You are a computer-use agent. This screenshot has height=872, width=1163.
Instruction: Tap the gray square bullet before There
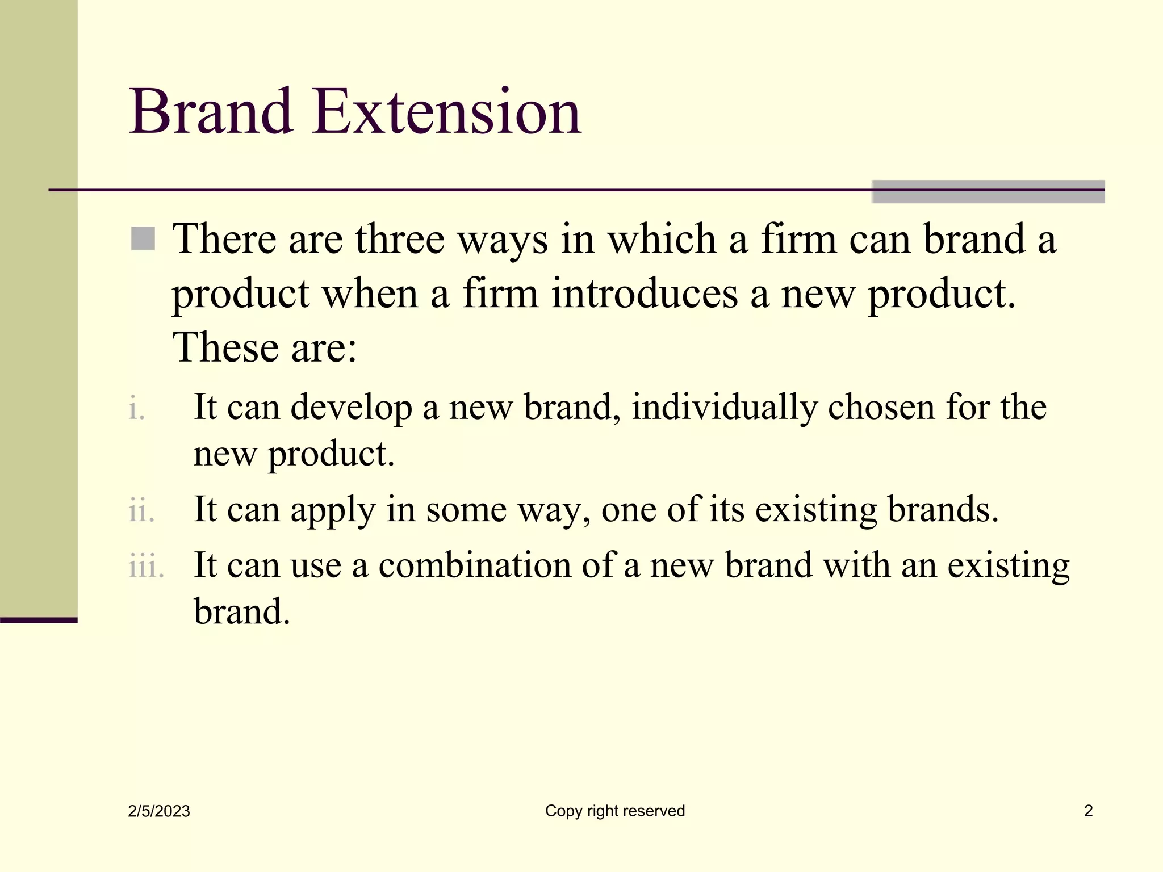[143, 238]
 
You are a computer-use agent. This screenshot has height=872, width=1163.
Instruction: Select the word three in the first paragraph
[400, 240]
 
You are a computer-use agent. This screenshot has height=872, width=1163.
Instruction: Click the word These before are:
[226, 347]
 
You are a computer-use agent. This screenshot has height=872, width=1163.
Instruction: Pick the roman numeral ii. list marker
[141, 510]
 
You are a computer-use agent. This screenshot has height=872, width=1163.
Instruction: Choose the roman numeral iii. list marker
[146, 566]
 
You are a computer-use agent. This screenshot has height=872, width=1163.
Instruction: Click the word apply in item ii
[333, 510]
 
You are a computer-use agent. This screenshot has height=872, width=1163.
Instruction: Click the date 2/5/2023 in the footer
[159, 811]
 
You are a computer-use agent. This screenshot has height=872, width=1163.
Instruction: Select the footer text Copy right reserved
[615, 811]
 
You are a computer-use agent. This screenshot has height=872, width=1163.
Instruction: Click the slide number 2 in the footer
[1088, 811]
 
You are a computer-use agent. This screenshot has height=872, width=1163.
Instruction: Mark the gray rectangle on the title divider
[988, 192]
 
